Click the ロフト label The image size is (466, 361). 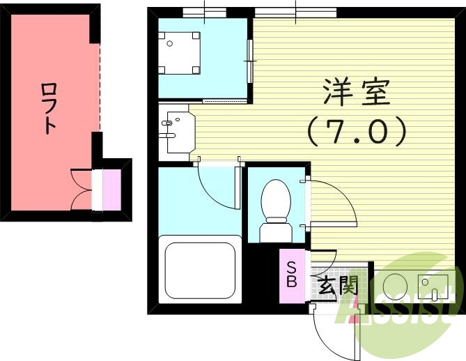(49, 108)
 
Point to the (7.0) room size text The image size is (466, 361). (356, 132)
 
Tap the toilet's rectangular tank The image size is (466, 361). (275, 231)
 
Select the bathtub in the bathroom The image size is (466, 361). (198, 271)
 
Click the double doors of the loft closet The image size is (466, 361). (82, 190)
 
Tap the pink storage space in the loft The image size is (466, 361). (111, 189)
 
